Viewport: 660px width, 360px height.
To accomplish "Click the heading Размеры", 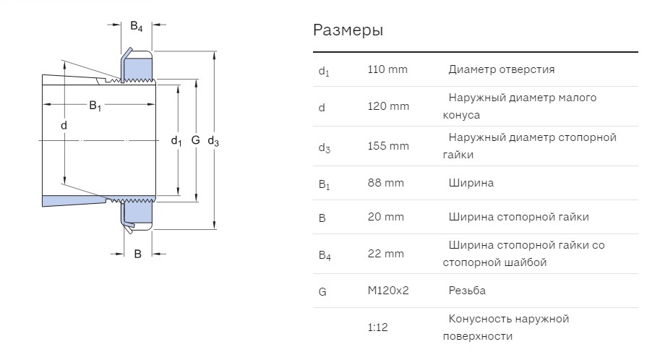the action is pos(348,30).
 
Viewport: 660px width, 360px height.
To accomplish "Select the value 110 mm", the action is pos(387,69).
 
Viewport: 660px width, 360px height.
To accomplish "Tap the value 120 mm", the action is pos(388,106).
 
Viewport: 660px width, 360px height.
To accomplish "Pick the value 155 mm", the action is pos(388,146).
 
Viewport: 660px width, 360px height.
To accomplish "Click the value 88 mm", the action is pos(385,183).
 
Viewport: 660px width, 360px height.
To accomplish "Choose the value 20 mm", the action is pos(385,217).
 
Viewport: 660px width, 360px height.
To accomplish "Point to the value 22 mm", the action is pos(385,254).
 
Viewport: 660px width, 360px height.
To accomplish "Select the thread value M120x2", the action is pos(388,291).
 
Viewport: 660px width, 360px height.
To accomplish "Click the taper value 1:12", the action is pos(377,327).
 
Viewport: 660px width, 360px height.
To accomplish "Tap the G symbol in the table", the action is pos(322,292).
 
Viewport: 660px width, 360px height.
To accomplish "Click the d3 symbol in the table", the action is pos(324,147).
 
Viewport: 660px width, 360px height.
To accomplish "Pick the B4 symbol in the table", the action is pos(325,256).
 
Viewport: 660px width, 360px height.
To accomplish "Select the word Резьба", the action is pos(467,291).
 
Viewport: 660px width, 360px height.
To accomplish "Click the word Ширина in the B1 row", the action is pos(471,183).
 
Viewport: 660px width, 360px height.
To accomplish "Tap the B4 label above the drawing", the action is pos(137,27).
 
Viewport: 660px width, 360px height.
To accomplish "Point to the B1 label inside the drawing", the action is pos(95,106).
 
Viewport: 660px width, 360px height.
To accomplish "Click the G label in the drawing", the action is pos(195,140).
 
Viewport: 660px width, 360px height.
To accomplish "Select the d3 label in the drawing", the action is pos(213,142).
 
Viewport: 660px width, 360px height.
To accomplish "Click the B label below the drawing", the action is pos(137,254).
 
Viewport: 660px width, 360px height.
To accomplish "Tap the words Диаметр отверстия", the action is pos(501,69).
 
